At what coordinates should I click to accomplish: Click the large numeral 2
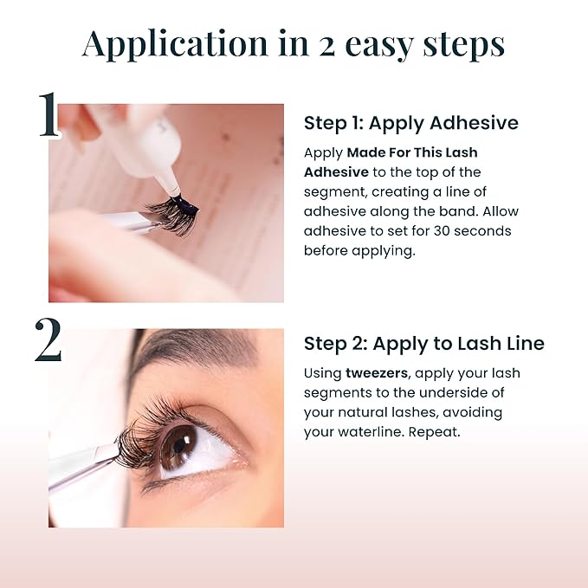[48, 340]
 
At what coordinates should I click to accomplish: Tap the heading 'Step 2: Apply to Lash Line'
[423, 344]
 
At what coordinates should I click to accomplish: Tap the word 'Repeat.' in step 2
[433, 432]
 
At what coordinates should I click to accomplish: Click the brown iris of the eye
[178, 445]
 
